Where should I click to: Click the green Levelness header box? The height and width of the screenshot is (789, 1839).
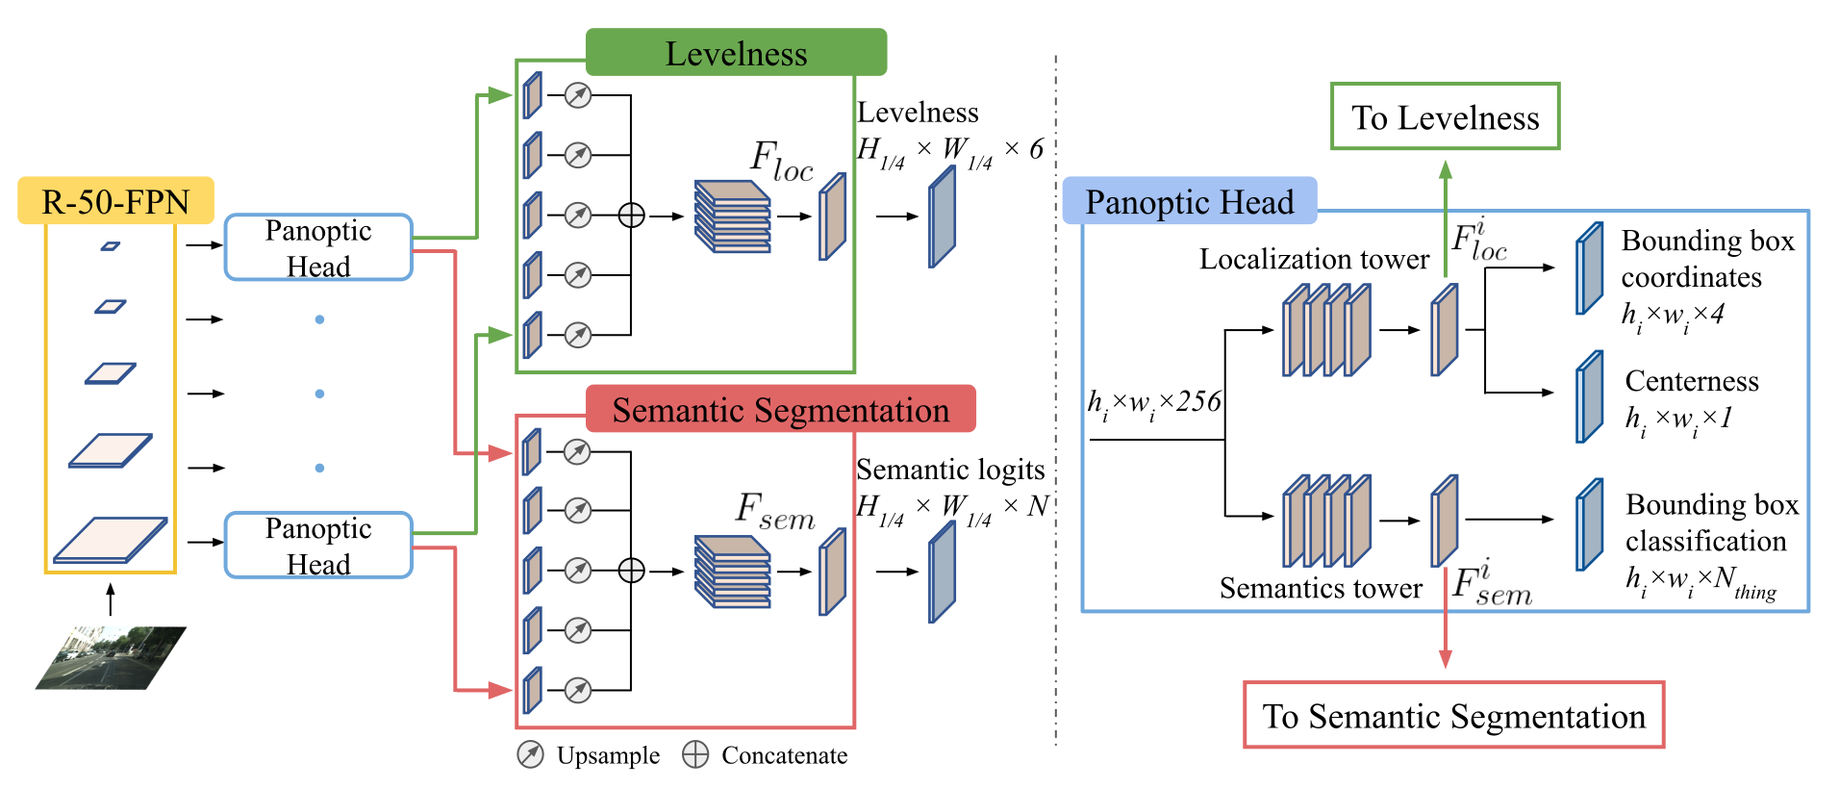pyautogui.click(x=736, y=53)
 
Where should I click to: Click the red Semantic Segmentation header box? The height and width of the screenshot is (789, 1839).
pyautogui.click(x=780, y=410)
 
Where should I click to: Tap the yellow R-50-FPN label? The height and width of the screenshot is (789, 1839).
pyautogui.click(x=115, y=201)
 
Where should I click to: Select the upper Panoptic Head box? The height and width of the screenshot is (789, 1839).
pyautogui.click(x=318, y=247)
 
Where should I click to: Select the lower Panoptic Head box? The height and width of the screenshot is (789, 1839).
pyautogui.click(x=318, y=546)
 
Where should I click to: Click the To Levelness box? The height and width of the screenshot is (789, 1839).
pyautogui.click(x=1445, y=116)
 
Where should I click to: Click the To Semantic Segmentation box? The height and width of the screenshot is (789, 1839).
pyautogui.click(x=1453, y=716)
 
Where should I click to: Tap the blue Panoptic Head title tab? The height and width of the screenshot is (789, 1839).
pyautogui.click(x=1189, y=201)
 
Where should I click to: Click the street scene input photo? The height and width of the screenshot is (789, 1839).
pyautogui.click(x=111, y=658)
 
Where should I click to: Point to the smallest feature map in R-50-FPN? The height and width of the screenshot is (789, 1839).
pyautogui.click(x=111, y=246)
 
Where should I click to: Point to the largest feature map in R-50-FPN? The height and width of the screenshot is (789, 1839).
pyautogui.click(x=110, y=539)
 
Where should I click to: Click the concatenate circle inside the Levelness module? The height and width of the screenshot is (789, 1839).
pyautogui.click(x=631, y=216)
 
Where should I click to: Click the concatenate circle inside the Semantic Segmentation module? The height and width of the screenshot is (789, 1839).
pyautogui.click(x=631, y=571)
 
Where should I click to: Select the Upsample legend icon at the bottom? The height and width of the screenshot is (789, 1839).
pyautogui.click(x=530, y=755)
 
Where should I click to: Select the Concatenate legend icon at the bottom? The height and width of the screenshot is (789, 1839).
pyautogui.click(x=695, y=755)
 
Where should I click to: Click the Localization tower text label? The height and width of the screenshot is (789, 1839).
pyautogui.click(x=1314, y=259)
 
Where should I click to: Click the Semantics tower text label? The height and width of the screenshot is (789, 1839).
pyautogui.click(x=1321, y=588)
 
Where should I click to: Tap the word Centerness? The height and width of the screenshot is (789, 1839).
pyautogui.click(x=1691, y=381)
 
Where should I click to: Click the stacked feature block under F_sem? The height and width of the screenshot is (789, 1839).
pyautogui.click(x=733, y=572)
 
